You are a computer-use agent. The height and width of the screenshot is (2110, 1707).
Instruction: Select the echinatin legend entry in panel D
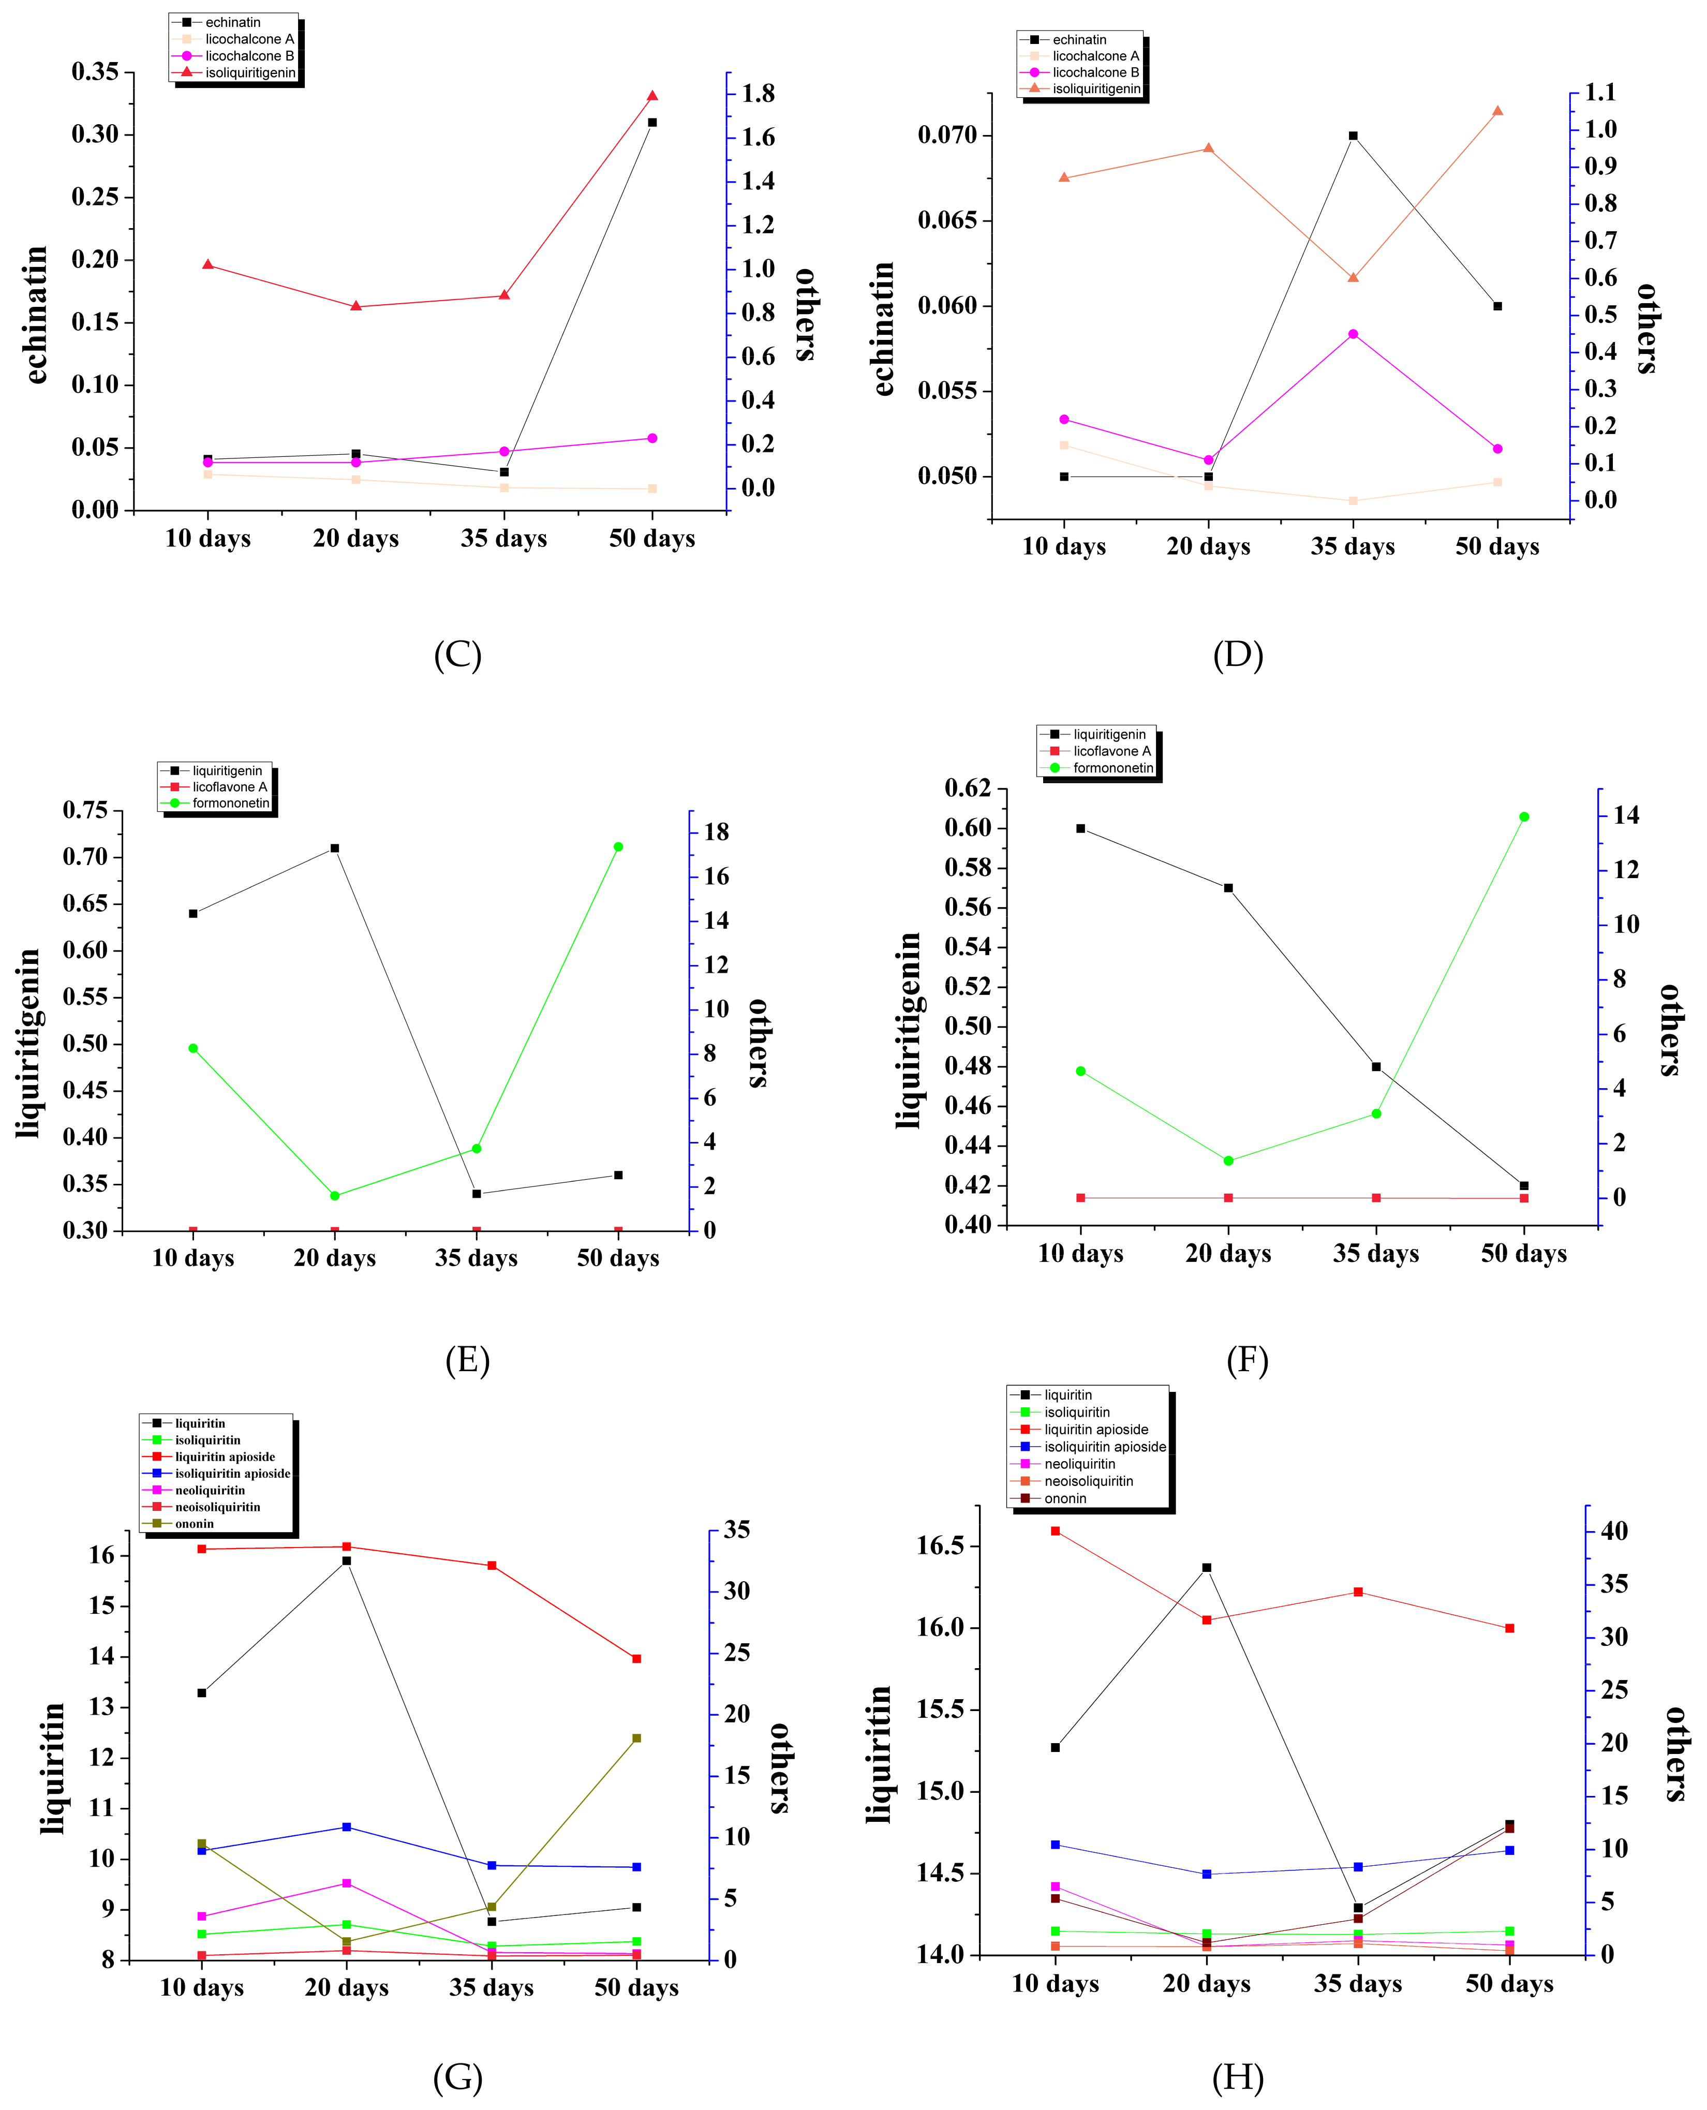[1079, 39]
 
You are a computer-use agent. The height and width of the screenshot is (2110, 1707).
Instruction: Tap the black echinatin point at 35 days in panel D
[1353, 136]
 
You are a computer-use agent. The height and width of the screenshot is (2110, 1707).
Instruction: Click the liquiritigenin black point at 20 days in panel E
[334, 848]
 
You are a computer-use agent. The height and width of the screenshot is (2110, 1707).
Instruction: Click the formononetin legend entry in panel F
[1112, 768]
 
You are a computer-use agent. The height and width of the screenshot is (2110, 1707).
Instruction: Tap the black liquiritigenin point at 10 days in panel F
[1080, 828]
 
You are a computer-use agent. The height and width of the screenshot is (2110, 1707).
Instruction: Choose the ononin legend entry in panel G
[194, 1524]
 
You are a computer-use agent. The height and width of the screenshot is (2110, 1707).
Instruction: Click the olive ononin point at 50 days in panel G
[636, 1738]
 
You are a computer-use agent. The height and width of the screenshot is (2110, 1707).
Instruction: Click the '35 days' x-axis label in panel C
[503, 539]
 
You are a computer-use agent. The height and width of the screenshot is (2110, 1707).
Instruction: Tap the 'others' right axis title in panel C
[804, 315]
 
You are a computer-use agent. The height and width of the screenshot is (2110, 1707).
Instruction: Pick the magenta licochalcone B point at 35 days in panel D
[1353, 334]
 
